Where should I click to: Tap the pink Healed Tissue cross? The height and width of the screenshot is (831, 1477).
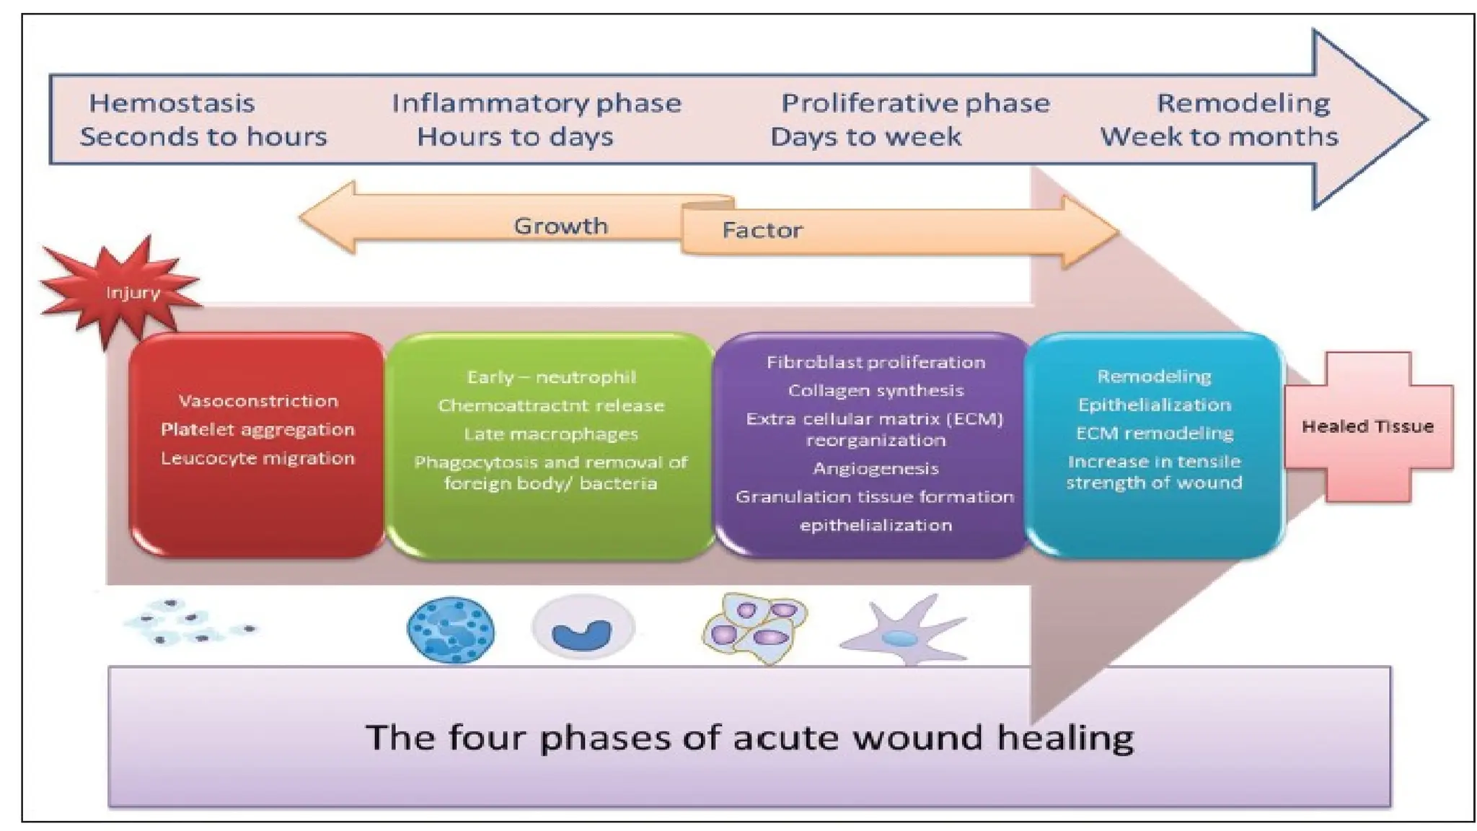click(x=1367, y=426)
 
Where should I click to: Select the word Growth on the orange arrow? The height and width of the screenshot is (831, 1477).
click(x=560, y=226)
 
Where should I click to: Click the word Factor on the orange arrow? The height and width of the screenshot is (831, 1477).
click(x=762, y=231)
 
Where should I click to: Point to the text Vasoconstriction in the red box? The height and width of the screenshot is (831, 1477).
click(x=258, y=401)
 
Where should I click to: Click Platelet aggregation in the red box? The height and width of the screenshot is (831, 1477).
click(x=257, y=430)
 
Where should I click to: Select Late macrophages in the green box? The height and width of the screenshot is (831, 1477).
click(x=551, y=434)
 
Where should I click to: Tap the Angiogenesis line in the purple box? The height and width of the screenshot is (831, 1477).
click(x=876, y=469)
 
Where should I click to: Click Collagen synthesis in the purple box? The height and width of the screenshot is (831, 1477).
click(x=876, y=391)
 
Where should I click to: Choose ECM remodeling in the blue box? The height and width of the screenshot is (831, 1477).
click(x=1154, y=434)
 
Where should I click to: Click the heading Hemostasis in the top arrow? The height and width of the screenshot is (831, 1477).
click(x=172, y=103)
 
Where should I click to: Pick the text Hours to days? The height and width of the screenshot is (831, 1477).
click(x=515, y=137)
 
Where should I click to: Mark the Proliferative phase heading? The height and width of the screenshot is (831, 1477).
click(x=915, y=103)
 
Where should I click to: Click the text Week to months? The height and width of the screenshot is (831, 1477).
click(x=1219, y=137)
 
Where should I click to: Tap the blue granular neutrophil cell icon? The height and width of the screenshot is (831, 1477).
click(x=451, y=630)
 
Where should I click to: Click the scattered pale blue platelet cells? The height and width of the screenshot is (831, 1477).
click(x=189, y=624)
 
